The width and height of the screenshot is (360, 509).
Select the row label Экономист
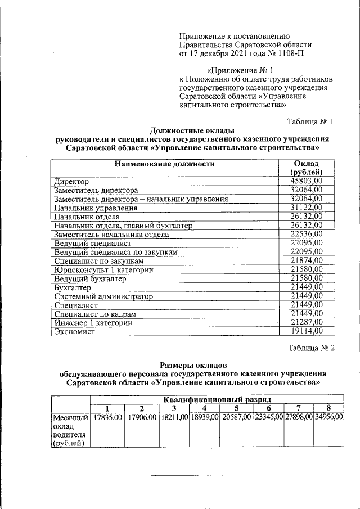click(74, 332)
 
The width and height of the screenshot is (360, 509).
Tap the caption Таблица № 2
click(311, 348)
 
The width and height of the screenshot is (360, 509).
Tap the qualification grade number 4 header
click(204, 408)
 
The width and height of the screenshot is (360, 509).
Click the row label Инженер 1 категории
click(93, 323)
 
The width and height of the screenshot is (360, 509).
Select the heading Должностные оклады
click(193, 130)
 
